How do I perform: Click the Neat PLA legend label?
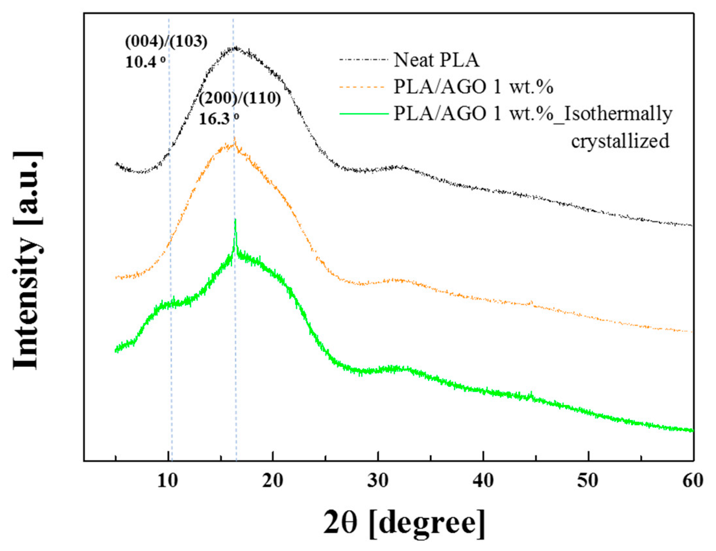tap(436, 60)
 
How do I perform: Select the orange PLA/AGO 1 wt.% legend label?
tap(473, 87)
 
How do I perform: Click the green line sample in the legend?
tap(364, 114)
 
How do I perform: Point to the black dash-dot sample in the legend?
tap(364, 60)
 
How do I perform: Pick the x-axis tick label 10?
tap(168, 481)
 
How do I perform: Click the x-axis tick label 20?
tap(273, 481)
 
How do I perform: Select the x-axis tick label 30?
tap(378, 481)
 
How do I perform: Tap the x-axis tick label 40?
tap(483, 481)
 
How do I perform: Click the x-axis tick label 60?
tap(693, 481)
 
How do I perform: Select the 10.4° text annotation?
tap(145, 62)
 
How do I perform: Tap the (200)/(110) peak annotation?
tap(240, 98)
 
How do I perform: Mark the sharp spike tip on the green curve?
tap(235, 220)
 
